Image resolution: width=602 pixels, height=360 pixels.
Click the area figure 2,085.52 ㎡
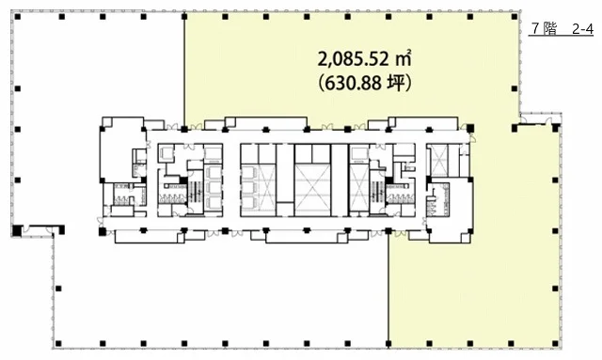pyautogui.click(x=365, y=58)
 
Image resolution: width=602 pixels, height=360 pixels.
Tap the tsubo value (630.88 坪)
pyautogui.click(x=365, y=83)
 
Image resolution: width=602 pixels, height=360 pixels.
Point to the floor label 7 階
pyautogui.click(x=544, y=29)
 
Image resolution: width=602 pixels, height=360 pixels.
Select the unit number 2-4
pyautogui.click(x=582, y=29)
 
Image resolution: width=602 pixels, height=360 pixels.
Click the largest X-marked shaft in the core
pyautogui.click(x=312, y=190)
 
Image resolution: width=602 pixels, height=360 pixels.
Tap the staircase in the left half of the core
pyautogui.click(x=196, y=191)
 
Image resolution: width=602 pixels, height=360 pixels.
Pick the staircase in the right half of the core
pyautogui.click(x=377, y=191)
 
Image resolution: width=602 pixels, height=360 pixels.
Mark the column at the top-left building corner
pyautogui.click(x=18, y=17)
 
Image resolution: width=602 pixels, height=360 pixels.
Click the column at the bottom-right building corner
pyautogui.click(x=555, y=343)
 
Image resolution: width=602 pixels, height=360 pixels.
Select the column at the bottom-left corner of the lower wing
pyautogui.click(x=58, y=343)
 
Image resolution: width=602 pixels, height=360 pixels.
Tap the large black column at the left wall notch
pyautogui.click(x=17, y=230)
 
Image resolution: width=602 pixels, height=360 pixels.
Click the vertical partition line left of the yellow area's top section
pyautogui.click(x=184, y=71)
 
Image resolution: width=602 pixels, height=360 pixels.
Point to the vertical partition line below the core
pyautogui.click(x=388, y=287)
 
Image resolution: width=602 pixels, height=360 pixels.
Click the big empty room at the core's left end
pyautogui.click(x=122, y=149)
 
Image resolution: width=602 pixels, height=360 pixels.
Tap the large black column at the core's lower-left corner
pyautogui.click(x=103, y=231)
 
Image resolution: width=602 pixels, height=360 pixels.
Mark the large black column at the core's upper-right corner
pyautogui.click(x=470, y=129)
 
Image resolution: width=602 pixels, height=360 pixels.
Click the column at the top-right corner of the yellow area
pyautogui.click(x=515, y=17)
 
